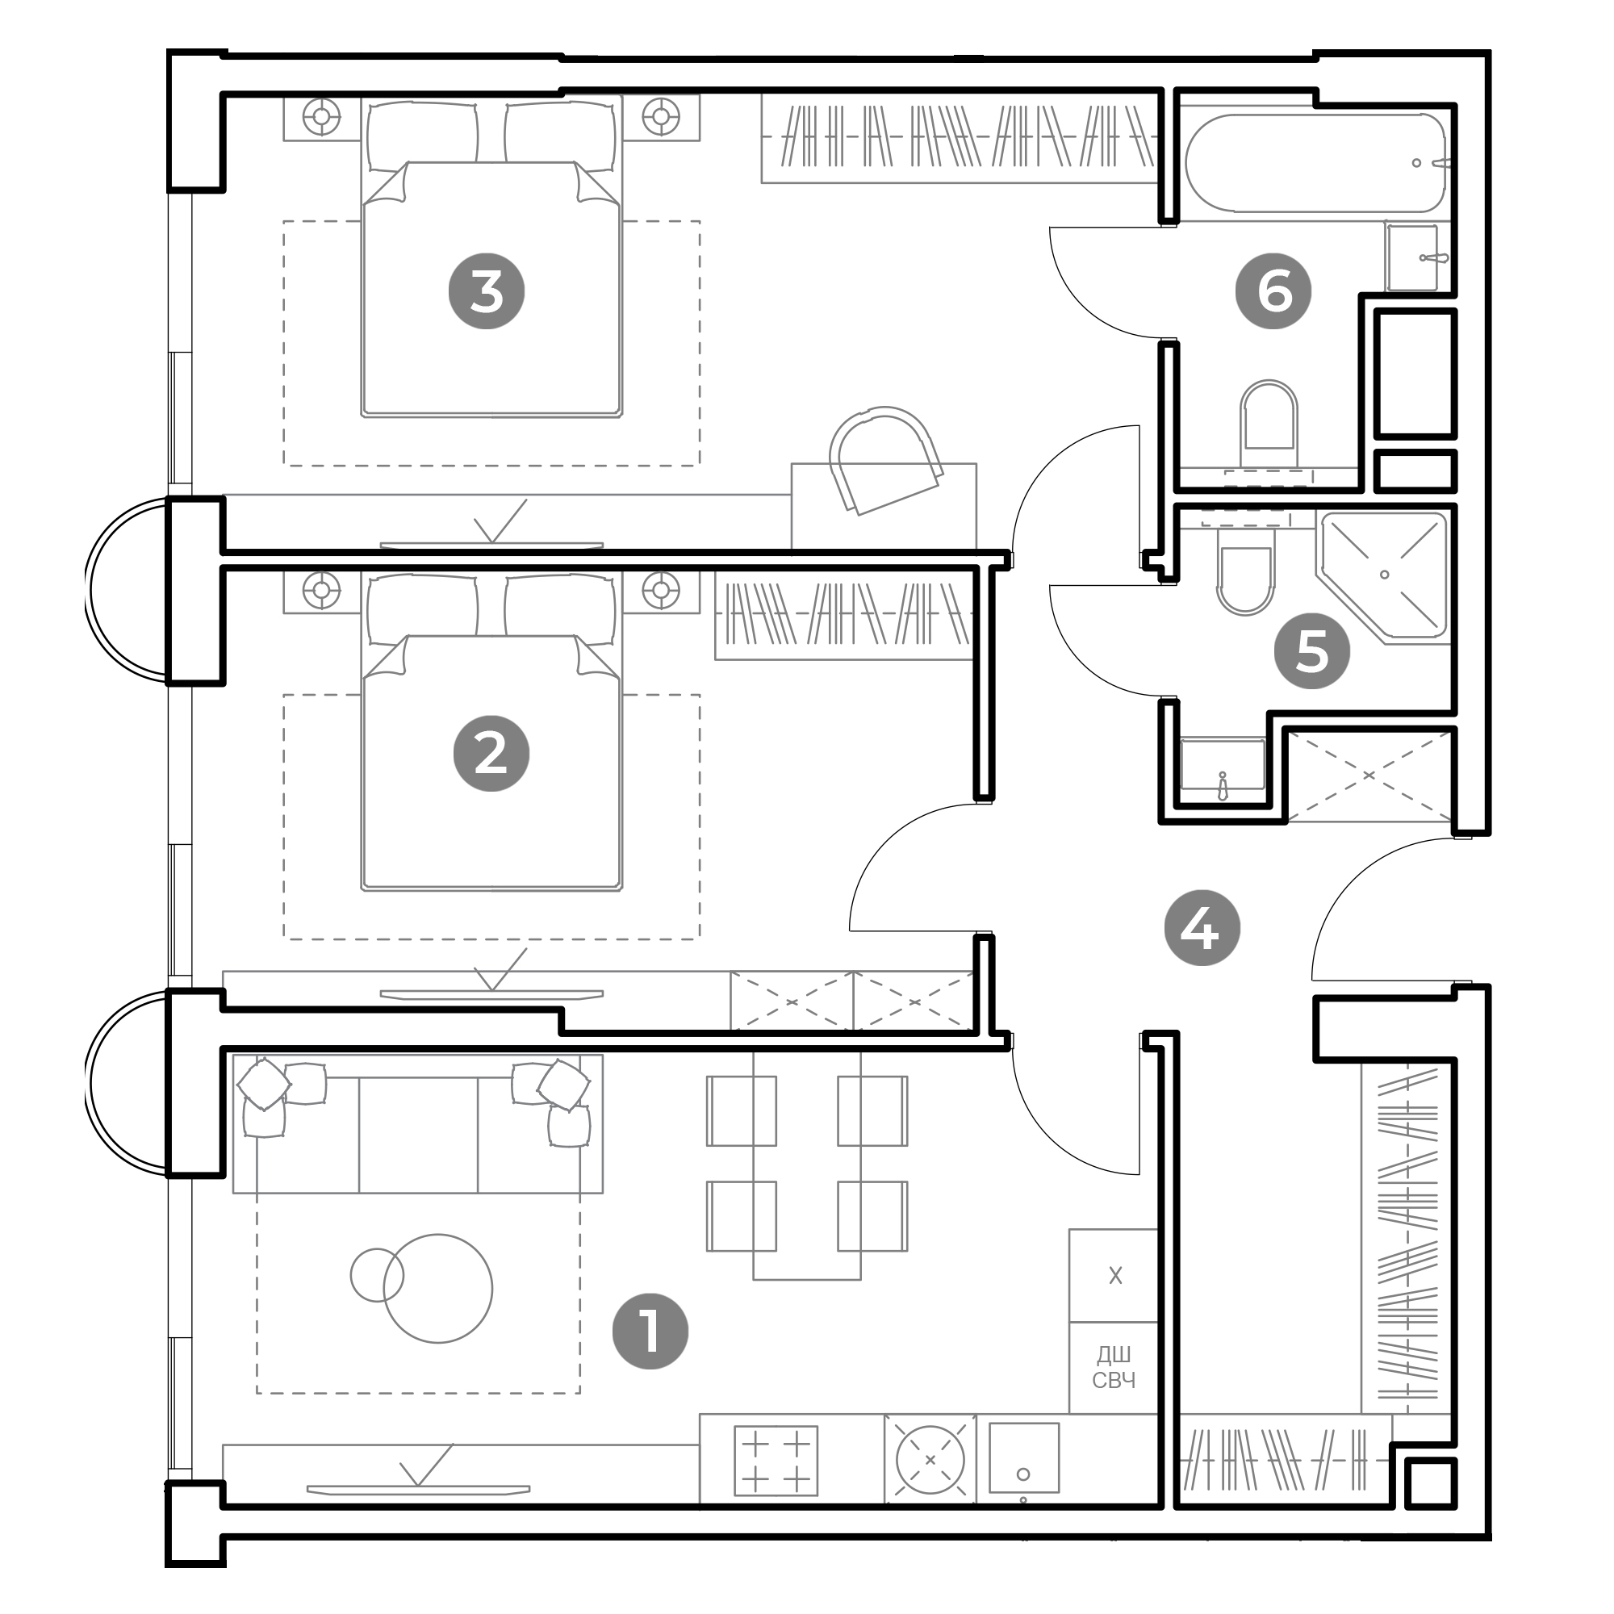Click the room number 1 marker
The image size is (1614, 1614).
coord(650,1332)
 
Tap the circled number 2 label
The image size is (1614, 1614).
coord(491,754)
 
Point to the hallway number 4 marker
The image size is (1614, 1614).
coord(1202,927)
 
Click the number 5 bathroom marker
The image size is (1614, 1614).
coord(1311,650)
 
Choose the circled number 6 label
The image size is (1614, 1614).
coord(1274,291)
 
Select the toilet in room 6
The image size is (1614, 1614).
coord(1269,425)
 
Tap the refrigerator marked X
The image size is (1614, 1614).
coord(1114,1276)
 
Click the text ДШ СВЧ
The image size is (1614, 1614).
coord(1114,1368)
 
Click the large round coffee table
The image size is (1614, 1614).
coord(437,1289)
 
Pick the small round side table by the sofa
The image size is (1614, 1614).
coord(377,1275)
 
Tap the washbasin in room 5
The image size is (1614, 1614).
coord(1222,763)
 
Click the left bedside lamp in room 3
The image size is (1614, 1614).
coord(322,116)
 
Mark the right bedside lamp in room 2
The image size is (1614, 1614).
coord(661,590)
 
